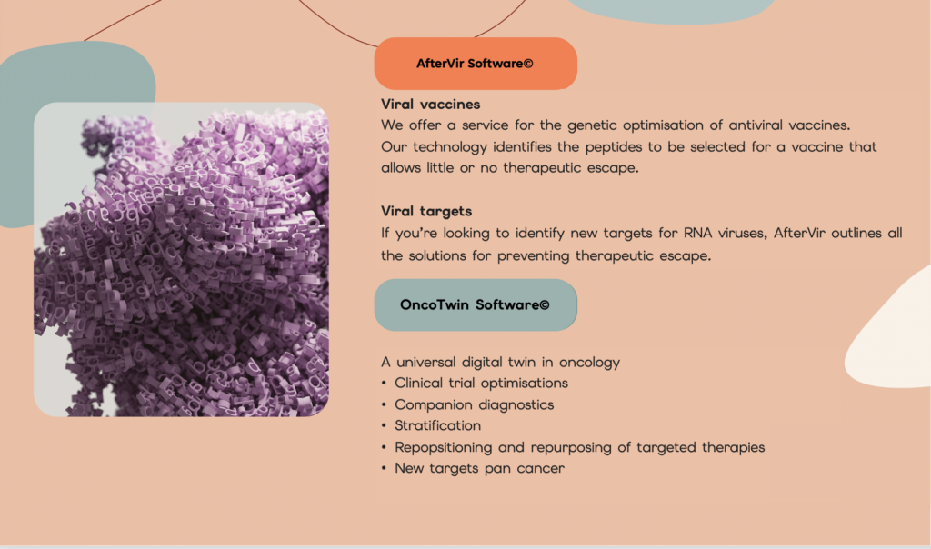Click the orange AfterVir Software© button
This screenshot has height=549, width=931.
click(x=476, y=64)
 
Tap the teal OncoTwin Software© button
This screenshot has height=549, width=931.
click(x=476, y=305)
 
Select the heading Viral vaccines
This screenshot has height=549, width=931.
click(x=430, y=105)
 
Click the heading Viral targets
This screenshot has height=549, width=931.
click(x=426, y=211)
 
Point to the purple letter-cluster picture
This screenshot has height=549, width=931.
click(x=181, y=259)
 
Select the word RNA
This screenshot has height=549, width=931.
click(x=697, y=233)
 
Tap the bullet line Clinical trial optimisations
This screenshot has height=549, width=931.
click(x=482, y=384)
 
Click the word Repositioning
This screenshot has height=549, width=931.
click(x=444, y=447)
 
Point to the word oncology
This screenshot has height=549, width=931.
click(x=589, y=363)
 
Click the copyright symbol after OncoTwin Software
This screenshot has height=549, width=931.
click(x=545, y=305)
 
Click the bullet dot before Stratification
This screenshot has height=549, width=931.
click(x=385, y=426)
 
